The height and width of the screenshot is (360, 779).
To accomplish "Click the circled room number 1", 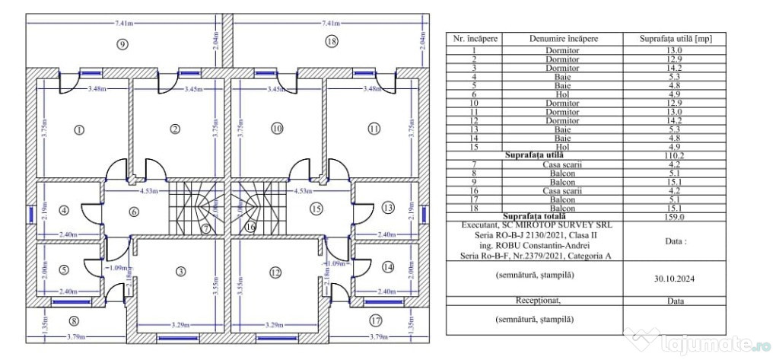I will [x=78, y=129].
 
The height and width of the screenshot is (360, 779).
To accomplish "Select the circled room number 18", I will [x=330, y=41].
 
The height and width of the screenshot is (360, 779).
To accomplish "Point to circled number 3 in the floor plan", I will [x=180, y=272].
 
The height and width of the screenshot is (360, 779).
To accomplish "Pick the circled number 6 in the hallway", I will [x=134, y=212].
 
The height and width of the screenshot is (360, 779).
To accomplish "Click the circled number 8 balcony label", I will [x=74, y=320].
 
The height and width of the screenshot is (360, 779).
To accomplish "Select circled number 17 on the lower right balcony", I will [x=374, y=320].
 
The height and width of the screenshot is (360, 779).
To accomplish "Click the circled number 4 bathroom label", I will [x=63, y=210].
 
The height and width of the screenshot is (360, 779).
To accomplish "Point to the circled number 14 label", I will [x=388, y=267].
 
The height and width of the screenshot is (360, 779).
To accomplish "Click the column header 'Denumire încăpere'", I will [x=564, y=38].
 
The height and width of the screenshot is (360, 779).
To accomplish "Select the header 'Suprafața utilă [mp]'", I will [x=673, y=38].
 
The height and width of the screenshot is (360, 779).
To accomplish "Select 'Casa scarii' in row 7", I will [x=563, y=164].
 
